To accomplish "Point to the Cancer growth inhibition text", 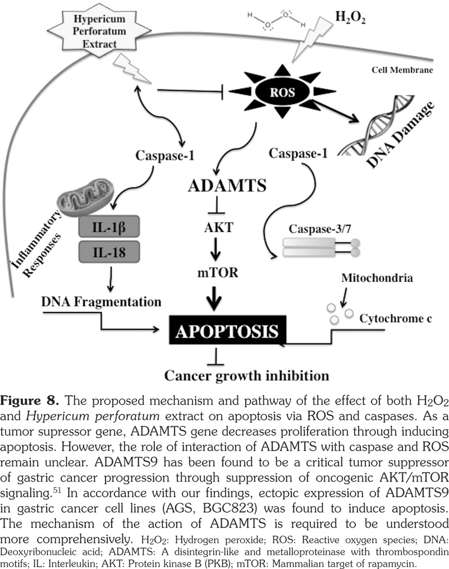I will coord(245,373).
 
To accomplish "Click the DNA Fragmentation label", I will coord(101,302).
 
